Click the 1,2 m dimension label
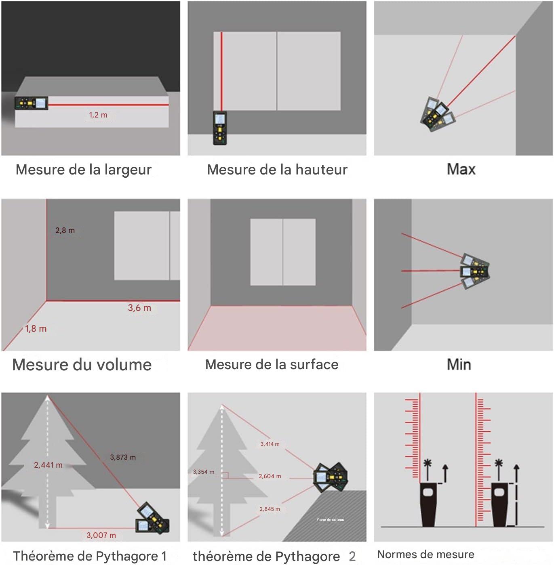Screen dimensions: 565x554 (98, 115)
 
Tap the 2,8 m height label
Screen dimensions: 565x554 (65, 231)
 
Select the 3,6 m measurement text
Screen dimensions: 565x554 (139, 308)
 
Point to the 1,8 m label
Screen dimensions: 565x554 (36, 329)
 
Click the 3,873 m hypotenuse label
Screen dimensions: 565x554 (123, 457)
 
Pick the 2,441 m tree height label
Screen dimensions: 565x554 (48, 465)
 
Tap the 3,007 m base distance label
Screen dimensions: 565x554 (101, 535)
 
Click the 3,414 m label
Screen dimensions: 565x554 (270, 444)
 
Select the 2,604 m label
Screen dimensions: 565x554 (270, 476)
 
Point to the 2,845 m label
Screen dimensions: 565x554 (270, 509)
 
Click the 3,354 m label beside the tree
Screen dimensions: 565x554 (204, 472)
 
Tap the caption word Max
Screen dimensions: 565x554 (461, 169)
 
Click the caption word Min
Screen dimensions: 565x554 (459, 365)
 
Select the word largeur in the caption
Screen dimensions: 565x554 (128, 170)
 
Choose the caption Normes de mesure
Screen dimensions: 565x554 (426, 554)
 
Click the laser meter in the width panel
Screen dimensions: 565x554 (32, 103)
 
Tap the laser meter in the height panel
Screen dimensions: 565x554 (220, 128)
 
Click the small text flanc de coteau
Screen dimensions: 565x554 (331, 520)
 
